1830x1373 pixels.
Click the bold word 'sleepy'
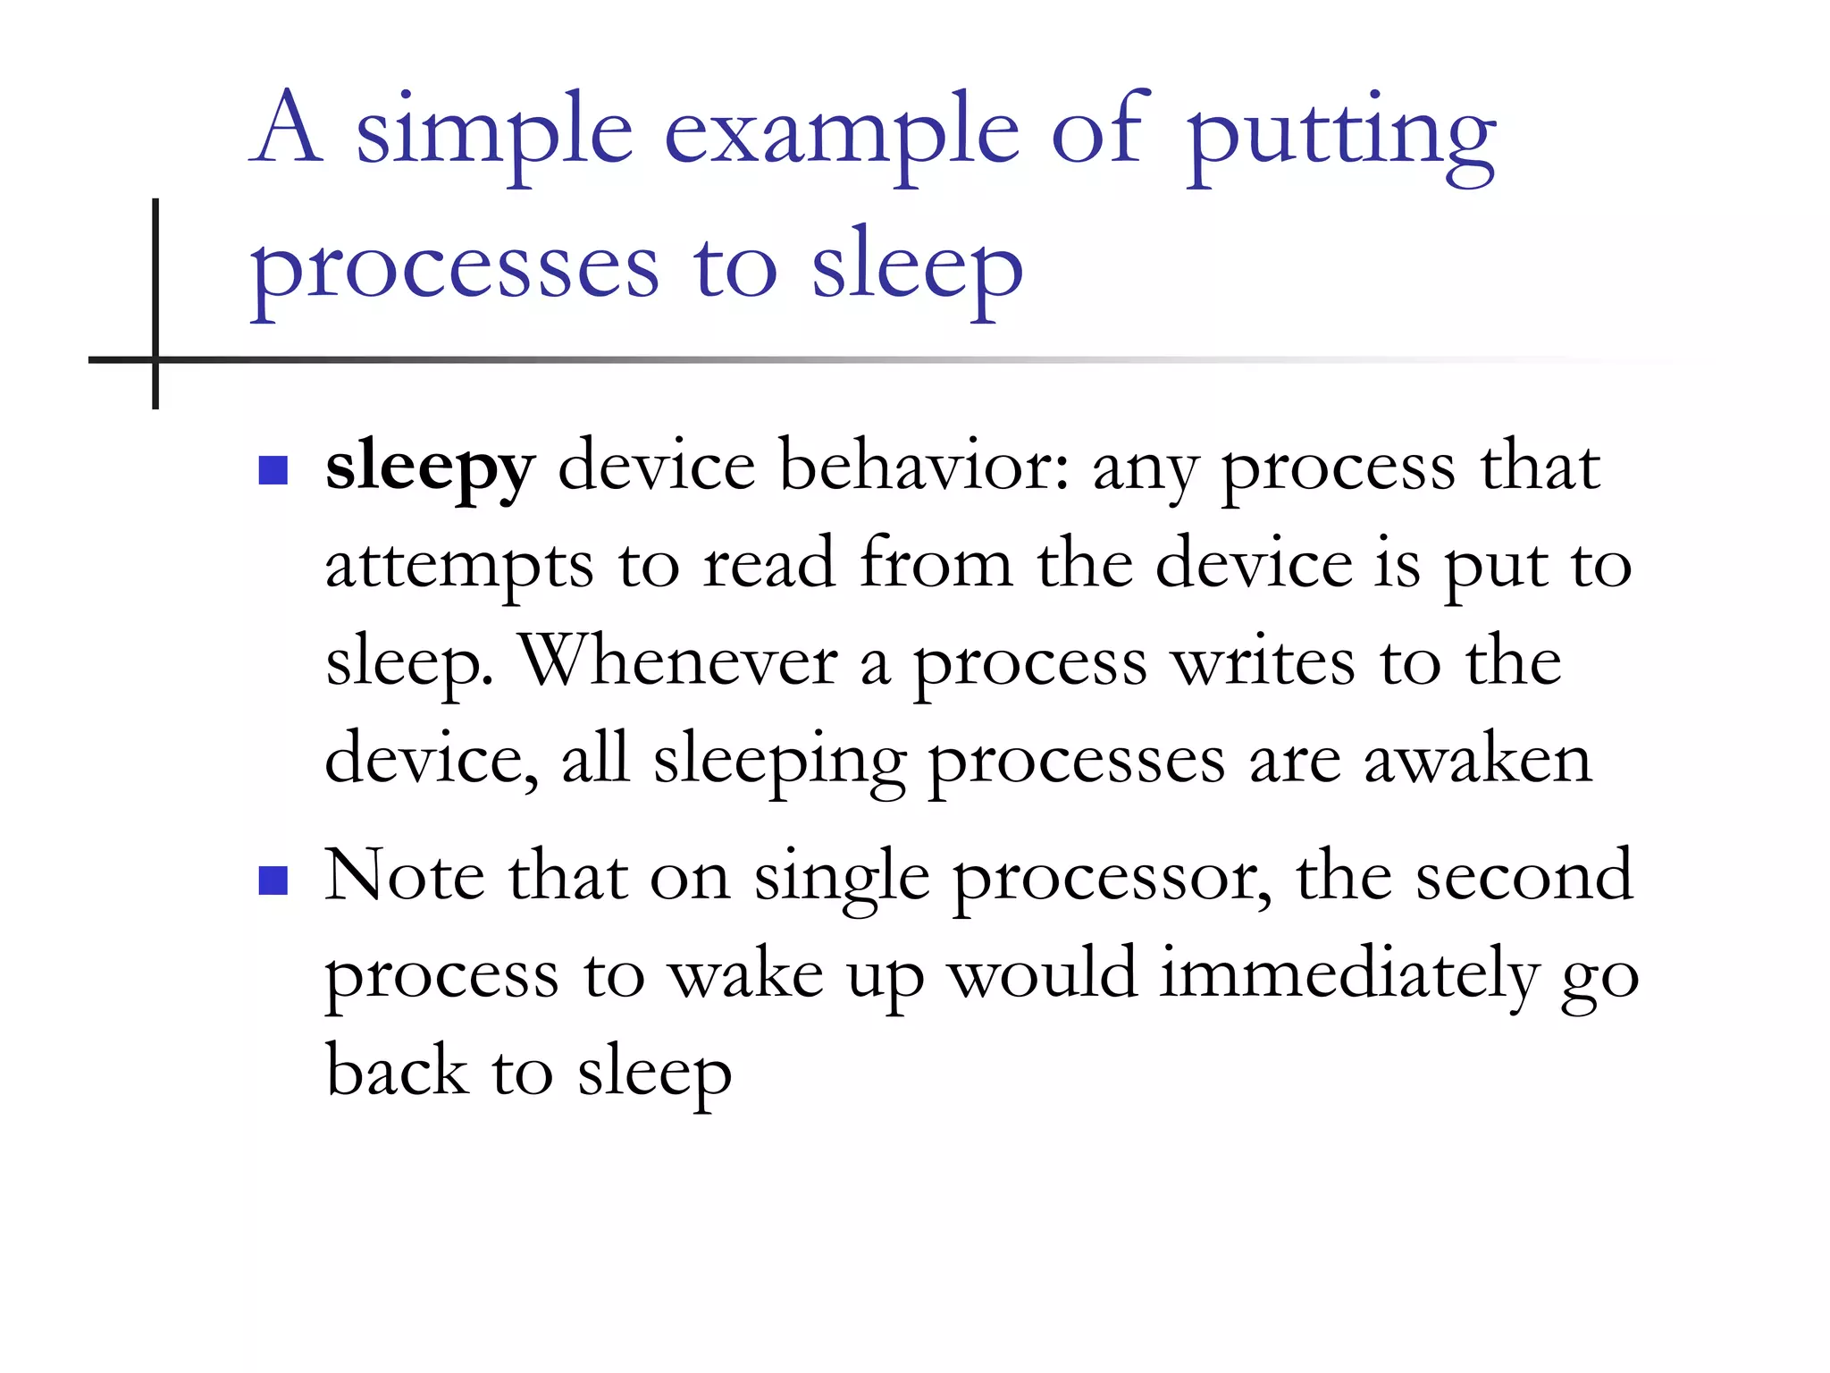(430, 467)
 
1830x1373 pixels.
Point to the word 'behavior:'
(924, 466)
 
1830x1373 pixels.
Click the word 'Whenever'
(679, 662)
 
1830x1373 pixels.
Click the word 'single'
(841, 878)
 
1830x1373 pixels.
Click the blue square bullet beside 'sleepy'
(273, 470)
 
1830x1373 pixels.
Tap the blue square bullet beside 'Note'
(273, 880)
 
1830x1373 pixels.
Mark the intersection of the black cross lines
(155, 360)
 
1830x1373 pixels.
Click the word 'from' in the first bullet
(936, 564)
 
